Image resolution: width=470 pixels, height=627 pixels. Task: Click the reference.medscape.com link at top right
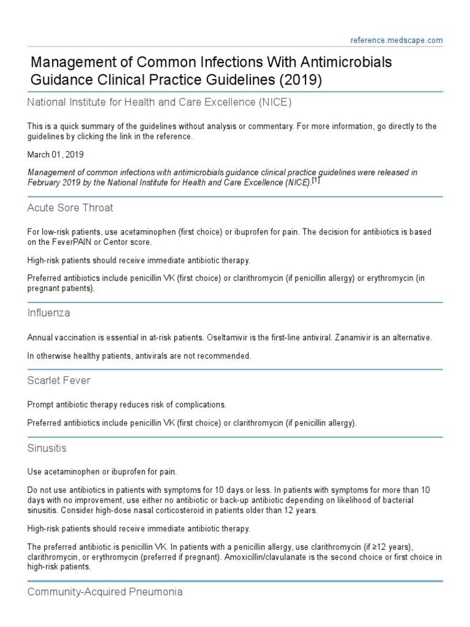pyautogui.click(x=397, y=40)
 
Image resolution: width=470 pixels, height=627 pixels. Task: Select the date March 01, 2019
pyautogui.click(x=56, y=155)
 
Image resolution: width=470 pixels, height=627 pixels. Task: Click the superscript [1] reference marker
pyautogui.click(x=316, y=181)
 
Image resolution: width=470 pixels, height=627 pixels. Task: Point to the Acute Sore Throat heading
pyautogui.click(x=70, y=208)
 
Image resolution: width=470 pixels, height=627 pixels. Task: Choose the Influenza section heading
pyautogui.click(x=49, y=313)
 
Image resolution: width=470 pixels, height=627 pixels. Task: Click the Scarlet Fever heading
pyautogui.click(x=59, y=380)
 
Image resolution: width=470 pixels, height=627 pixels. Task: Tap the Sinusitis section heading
pyautogui.click(x=47, y=448)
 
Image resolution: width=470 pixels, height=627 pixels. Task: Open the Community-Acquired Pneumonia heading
pyautogui.click(x=104, y=592)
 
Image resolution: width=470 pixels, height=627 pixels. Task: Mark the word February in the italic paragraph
pyautogui.click(x=45, y=183)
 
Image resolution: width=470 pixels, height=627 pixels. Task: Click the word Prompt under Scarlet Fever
pyautogui.click(x=40, y=405)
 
